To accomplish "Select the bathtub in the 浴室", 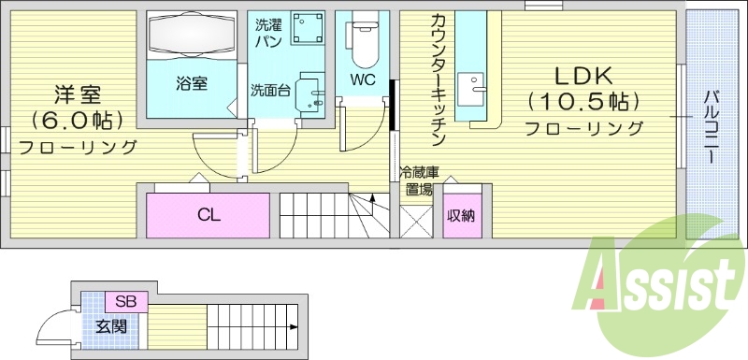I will click(191, 36).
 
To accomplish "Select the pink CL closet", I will click(209, 215).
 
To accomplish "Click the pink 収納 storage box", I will click(460, 216).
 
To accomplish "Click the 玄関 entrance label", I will click(110, 327).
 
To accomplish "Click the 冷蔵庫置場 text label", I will click(418, 180).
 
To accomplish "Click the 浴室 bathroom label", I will click(191, 82).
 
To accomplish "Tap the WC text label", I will click(363, 79).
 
